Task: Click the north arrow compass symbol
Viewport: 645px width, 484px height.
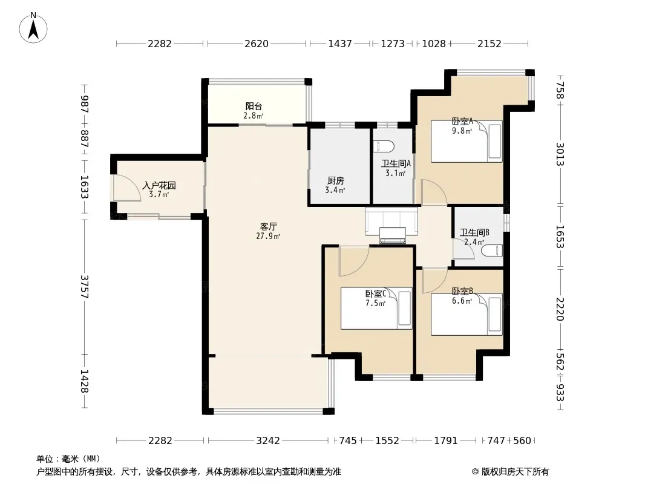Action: pos(33,28)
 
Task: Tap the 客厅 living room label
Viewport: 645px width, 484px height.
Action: pos(268,227)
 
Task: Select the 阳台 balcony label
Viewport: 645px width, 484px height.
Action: pos(254,106)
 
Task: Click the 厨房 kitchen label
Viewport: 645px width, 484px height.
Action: pos(336,180)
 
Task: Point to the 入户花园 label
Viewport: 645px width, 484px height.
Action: pos(159,186)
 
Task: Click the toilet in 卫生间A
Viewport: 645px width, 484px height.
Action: pos(384,146)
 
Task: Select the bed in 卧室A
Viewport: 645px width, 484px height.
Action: pos(467,141)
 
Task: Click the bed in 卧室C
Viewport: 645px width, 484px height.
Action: pos(376,308)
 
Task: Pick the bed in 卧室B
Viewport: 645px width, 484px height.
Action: pos(467,314)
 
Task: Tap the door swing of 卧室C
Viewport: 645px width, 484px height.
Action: pos(353,261)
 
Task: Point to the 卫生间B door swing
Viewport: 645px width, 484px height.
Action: pos(463,249)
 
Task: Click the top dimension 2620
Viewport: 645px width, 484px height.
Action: pos(257,44)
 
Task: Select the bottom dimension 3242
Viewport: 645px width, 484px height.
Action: pos(268,441)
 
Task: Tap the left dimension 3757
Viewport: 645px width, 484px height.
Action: pos(84,286)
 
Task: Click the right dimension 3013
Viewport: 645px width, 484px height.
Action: pos(560,154)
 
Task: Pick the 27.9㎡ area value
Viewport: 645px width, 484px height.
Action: pos(268,236)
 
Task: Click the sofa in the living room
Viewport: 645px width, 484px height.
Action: pos(391,221)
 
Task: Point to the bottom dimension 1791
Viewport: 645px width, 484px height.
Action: pos(446,441)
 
